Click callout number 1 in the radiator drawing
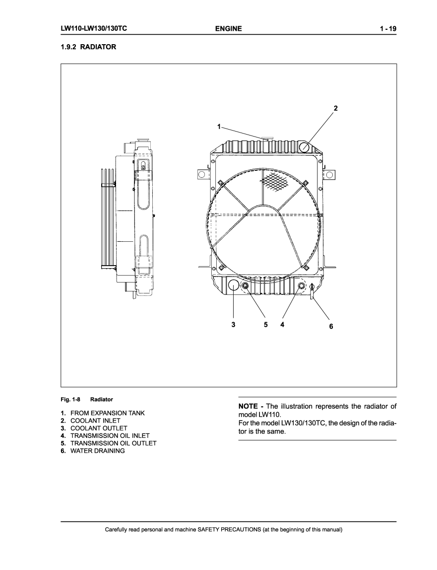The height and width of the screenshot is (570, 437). point(219,127)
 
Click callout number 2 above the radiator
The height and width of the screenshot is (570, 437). point(336,108)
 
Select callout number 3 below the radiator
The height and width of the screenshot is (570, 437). point(233,325)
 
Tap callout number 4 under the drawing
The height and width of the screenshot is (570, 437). point(282,324)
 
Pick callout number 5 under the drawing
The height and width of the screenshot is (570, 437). point(265,324)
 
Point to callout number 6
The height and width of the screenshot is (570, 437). point(331,326)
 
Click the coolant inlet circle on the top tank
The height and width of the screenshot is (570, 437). point(304,147)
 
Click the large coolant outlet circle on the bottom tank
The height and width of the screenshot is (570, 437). point(234,285)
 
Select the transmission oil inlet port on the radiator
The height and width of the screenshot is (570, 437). point(301,285)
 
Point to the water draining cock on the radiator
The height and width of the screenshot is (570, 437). point(312,291)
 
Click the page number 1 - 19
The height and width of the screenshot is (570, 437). point(388,29)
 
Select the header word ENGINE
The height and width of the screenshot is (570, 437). point(228,29)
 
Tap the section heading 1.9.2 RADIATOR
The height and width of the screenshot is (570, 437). point(88,47)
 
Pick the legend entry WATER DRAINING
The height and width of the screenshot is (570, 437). point(97,451)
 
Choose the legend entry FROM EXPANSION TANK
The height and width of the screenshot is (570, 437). point(108,413)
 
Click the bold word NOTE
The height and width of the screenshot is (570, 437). point(248,407)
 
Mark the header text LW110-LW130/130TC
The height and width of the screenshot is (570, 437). point(94,28)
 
